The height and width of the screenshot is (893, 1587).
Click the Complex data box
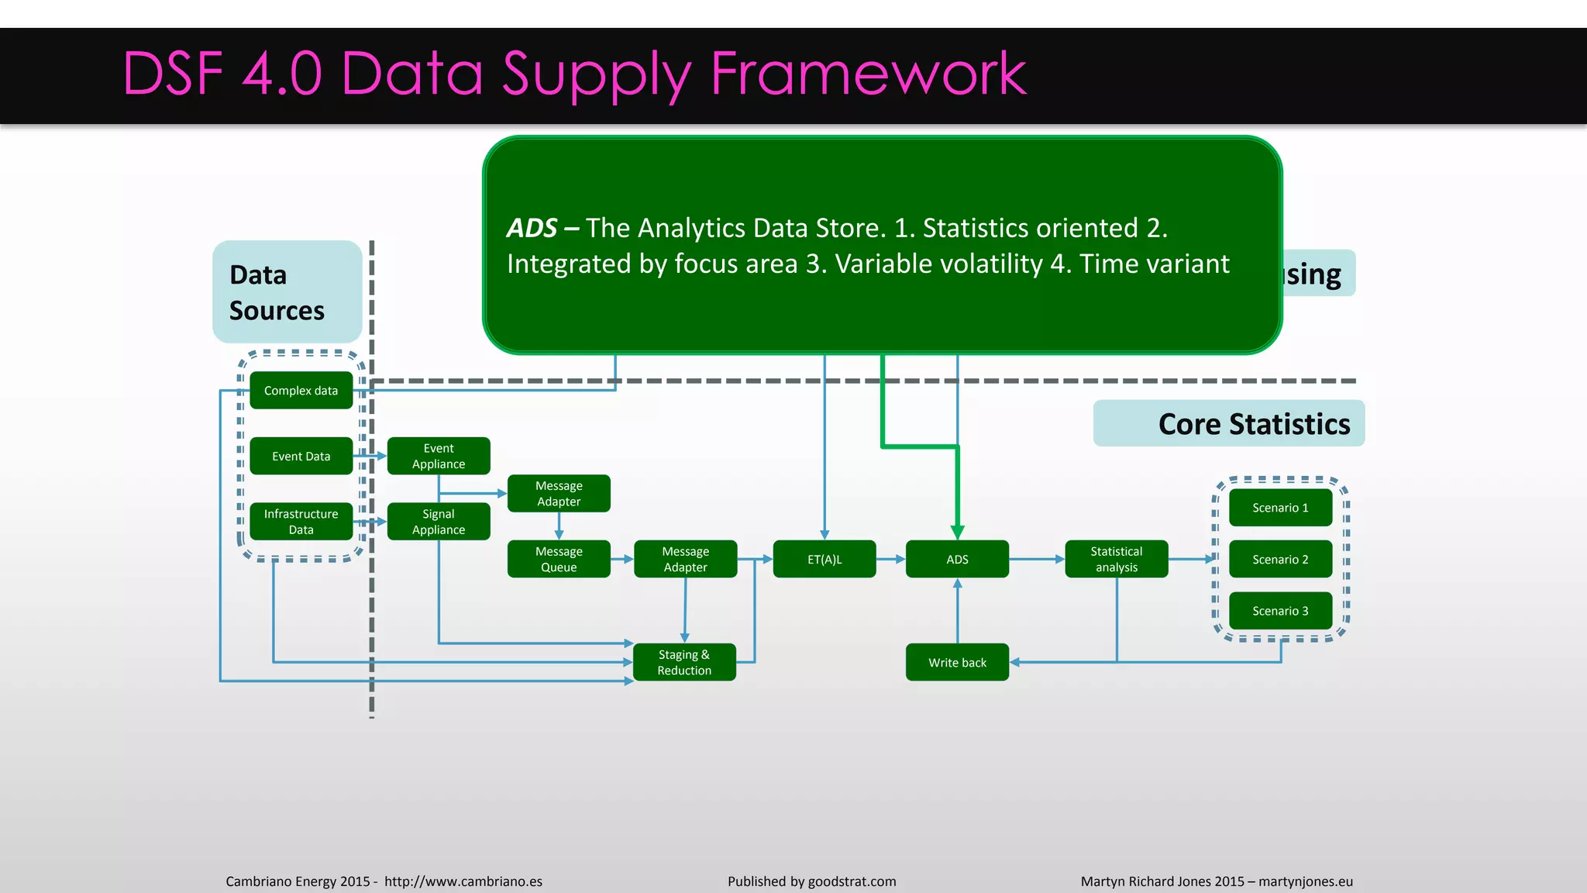(x=301, y=390)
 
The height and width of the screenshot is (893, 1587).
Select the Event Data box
(x=301, y=456)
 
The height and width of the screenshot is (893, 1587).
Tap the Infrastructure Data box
(x=301, y=521)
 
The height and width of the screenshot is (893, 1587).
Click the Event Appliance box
(x=439, y=456)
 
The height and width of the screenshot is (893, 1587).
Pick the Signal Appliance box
(x=439, y=521)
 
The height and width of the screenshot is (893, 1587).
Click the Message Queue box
(x=559, y=559)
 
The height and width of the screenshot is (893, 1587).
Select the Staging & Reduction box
(x=684, y=662)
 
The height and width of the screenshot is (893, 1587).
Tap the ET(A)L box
(x=824, y=559)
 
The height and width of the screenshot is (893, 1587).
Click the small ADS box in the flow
(x=957, y=559)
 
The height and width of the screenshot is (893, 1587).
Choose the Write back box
(x=957, y=662)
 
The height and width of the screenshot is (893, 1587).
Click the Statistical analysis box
(x=1116, y=559)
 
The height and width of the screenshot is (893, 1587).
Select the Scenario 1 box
(x=1280, y=508)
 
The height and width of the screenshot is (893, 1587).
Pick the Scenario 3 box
(x=1280, y=611)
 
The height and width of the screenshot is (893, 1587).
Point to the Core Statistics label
(x=1253, y=424)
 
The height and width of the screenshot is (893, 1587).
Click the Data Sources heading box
(x=287, y=292)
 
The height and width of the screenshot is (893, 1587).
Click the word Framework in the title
(x=868, y=74)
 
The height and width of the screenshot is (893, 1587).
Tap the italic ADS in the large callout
(x=532, y=228)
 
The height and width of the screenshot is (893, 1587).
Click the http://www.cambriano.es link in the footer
(x=463, y=881)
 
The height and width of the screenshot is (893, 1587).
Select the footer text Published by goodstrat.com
(x=811, y=881)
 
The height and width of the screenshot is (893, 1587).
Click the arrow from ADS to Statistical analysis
(x=1037, y=559)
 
